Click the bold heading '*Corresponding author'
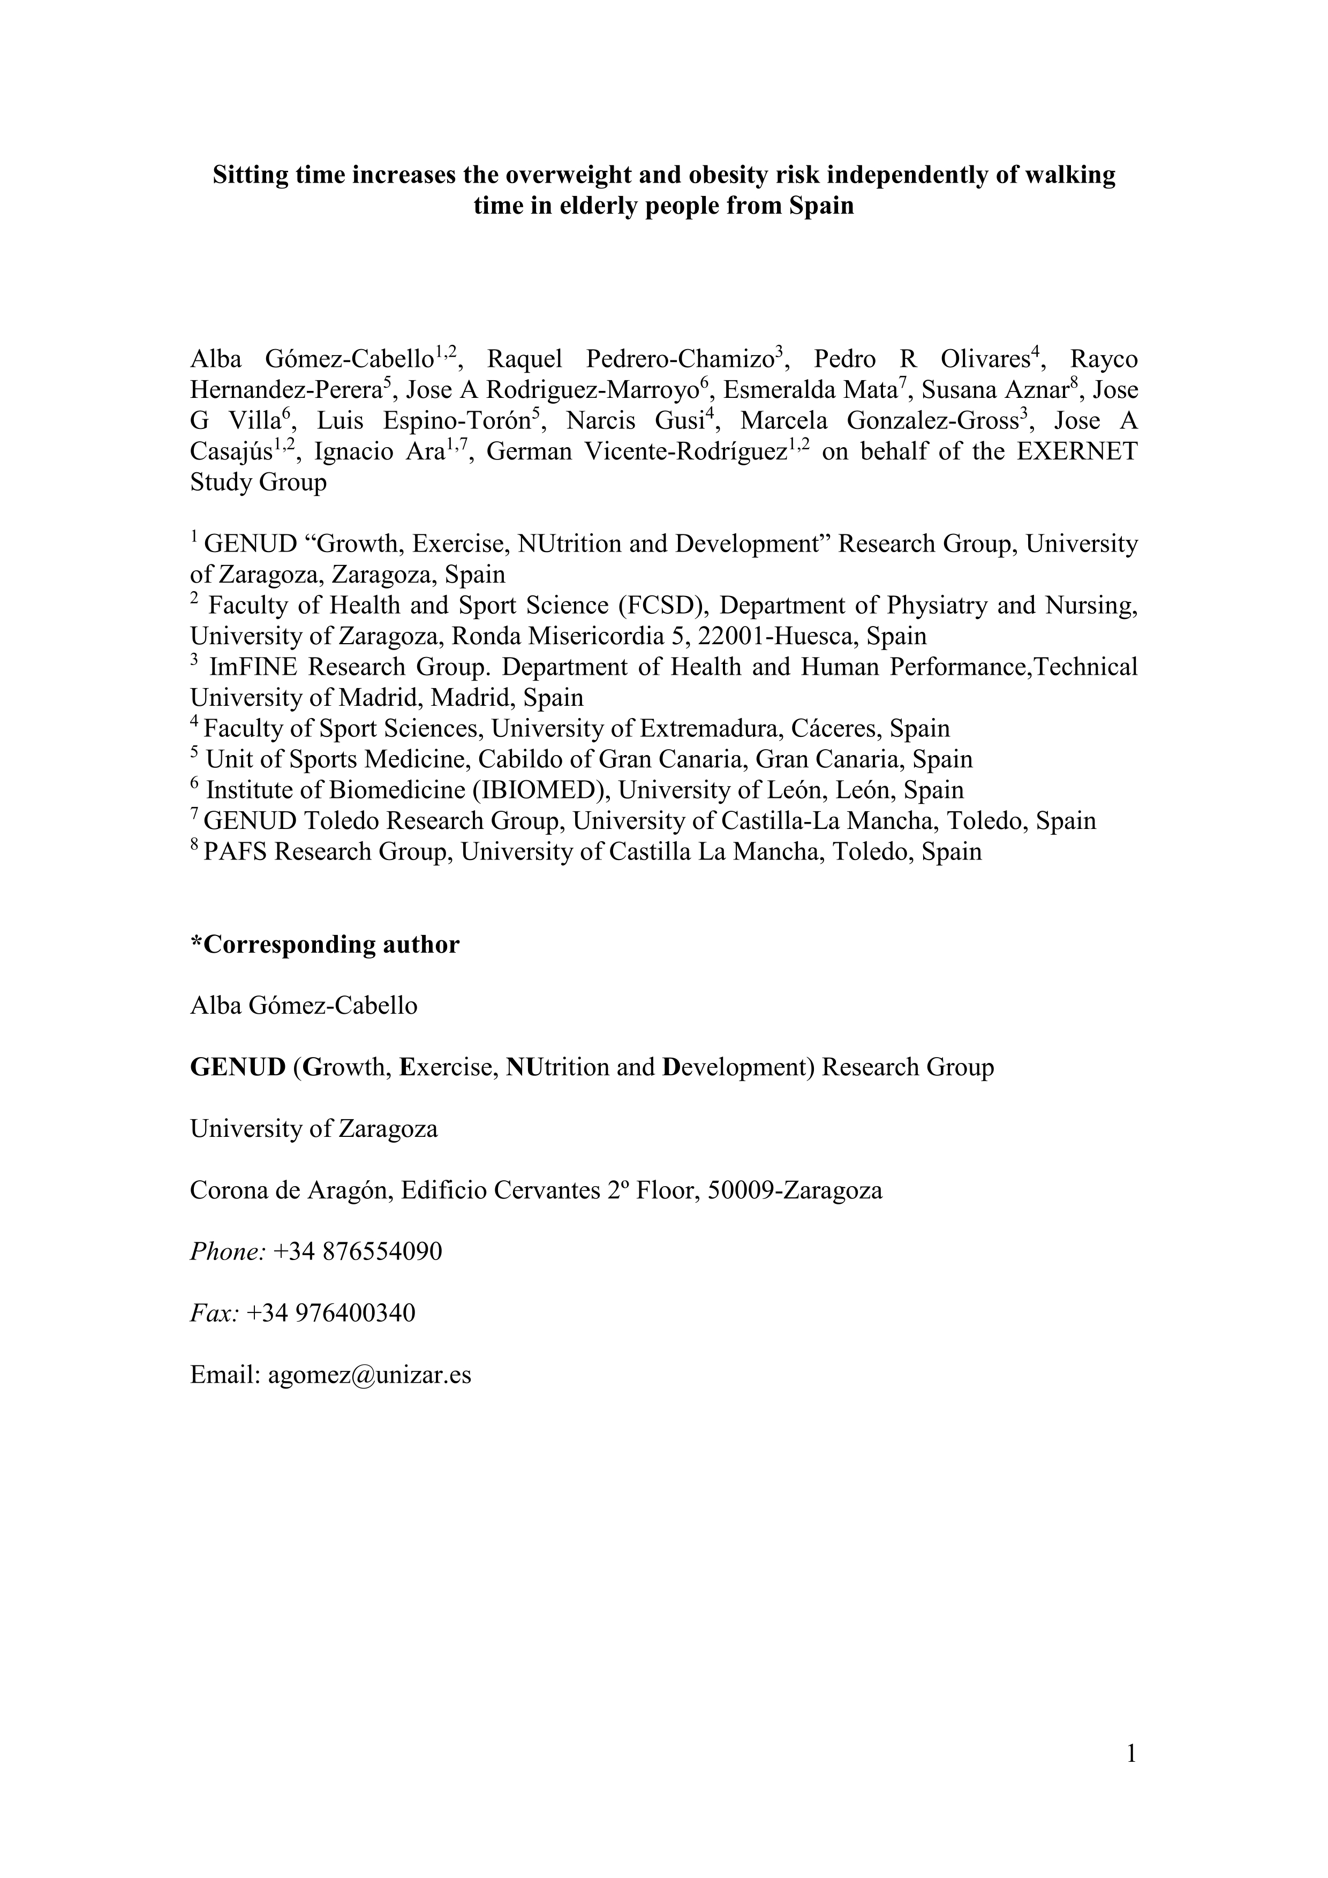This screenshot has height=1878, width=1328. (325, 945)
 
